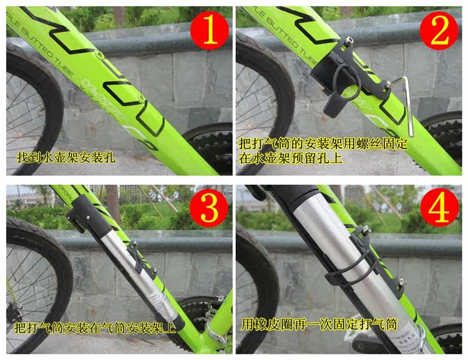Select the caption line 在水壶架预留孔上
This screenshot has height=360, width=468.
(291, 158)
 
